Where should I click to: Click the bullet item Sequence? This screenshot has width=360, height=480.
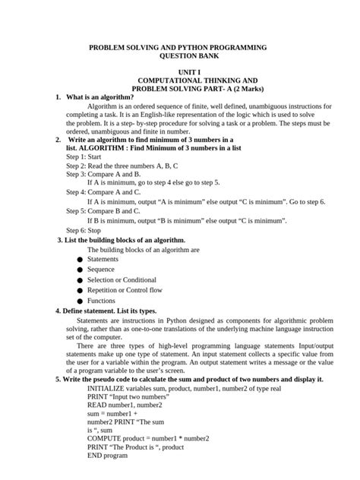103,270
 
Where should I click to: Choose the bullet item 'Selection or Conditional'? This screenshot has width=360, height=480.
122,280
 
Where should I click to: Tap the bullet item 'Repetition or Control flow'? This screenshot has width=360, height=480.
125,290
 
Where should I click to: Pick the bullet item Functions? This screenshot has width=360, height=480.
103,301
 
